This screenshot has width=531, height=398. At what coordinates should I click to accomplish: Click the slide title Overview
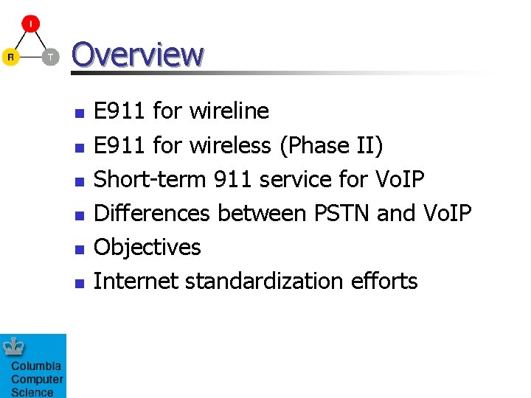(x=137, y=54)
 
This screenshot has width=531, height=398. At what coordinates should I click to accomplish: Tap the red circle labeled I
(x=30, y=24)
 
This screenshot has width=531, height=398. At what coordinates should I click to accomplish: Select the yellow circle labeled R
(x=10, y=57)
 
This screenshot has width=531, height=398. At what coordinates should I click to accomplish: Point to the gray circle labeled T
(x=50, y=57)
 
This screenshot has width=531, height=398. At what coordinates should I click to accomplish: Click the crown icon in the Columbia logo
(x=14, y=346)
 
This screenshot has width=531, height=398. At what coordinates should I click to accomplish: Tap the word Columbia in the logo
(x=36, y=366)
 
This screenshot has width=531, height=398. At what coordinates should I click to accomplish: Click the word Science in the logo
(x=32, y=392)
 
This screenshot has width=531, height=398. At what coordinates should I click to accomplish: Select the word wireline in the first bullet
(x=229, y=111)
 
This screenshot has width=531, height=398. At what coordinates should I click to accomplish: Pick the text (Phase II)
(x=331, y=146)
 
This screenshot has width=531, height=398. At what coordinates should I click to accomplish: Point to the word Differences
(x=152, y=213)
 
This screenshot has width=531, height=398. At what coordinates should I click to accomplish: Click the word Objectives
(x=147, y=247)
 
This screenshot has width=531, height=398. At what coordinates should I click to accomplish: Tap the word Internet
(x=136, y=281)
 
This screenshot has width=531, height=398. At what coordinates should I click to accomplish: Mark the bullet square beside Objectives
(x=80, y=248)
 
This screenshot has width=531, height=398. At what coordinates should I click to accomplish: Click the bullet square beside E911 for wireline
(x=80, y=113)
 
